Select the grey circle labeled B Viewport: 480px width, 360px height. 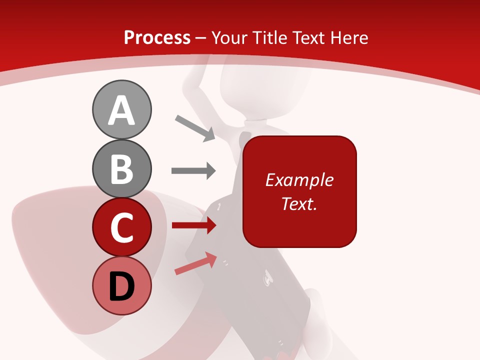click(121, 169)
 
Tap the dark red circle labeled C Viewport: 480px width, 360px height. click(121, 227)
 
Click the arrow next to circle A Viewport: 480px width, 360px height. click(195, 128)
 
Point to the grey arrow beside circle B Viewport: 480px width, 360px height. click(193, 170)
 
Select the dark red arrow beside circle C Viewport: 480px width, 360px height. click(193, 225)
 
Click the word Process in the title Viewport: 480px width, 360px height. click(157, 37)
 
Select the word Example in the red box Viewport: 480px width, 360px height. click(299, 180)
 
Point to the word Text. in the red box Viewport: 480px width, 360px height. click(299, 203)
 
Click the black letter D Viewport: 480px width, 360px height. click(121, 287)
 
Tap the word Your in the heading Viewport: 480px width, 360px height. click(231, 37)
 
